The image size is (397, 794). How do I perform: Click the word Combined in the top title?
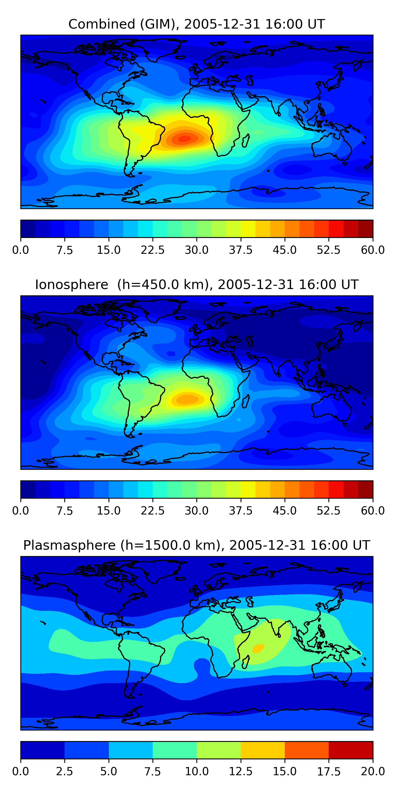(102, 24)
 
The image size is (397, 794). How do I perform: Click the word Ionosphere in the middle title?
(71, 285)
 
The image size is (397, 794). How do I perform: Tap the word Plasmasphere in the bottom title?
(69, 545)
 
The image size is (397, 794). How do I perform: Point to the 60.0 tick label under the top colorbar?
(373, 250)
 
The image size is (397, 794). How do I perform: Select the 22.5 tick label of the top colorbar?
(152, 250)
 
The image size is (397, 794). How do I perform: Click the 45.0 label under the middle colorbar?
(285, 511)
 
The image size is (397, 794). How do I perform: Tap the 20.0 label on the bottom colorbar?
(373, 772)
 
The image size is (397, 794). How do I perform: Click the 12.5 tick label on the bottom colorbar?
(240, 772)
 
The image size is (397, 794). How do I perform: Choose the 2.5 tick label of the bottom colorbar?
(64, 772)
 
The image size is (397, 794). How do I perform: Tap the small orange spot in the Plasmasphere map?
(258, 648)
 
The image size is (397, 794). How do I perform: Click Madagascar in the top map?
(246, 140)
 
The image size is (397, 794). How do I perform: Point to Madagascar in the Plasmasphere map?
(245, 662)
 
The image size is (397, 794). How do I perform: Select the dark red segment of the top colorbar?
(365, 229)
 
